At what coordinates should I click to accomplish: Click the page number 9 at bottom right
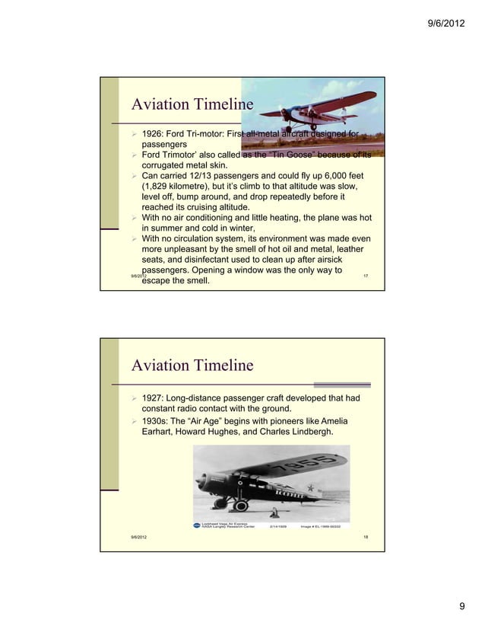point(461,606)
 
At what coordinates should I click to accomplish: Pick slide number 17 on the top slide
point(366,274)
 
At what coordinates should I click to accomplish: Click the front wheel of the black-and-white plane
point(240,506)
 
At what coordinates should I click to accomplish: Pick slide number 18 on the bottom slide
point(366,538)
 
